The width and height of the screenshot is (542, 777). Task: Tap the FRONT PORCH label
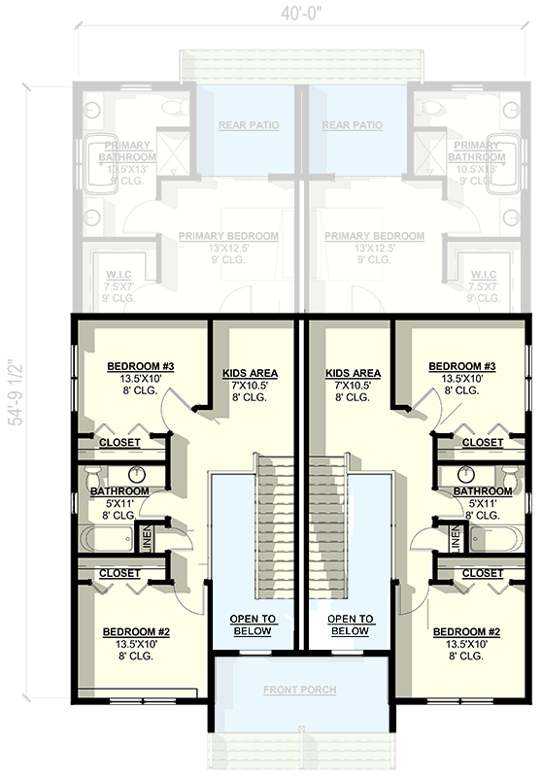299,691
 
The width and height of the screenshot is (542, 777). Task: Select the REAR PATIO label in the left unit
245,125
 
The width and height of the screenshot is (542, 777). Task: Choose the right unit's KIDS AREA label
352,373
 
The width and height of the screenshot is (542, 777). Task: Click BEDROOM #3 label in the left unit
141,366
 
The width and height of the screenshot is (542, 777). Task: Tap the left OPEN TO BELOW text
253,625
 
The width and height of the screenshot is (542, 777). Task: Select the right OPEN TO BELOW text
350,625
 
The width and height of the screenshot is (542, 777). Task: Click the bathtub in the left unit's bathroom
110,538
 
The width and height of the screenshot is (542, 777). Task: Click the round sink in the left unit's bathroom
139,475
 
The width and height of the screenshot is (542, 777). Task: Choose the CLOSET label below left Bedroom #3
119,443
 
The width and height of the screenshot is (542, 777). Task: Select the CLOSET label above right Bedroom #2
482,574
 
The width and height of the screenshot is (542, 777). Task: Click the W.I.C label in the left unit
119,274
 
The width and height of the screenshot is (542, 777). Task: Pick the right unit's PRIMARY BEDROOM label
374,236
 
